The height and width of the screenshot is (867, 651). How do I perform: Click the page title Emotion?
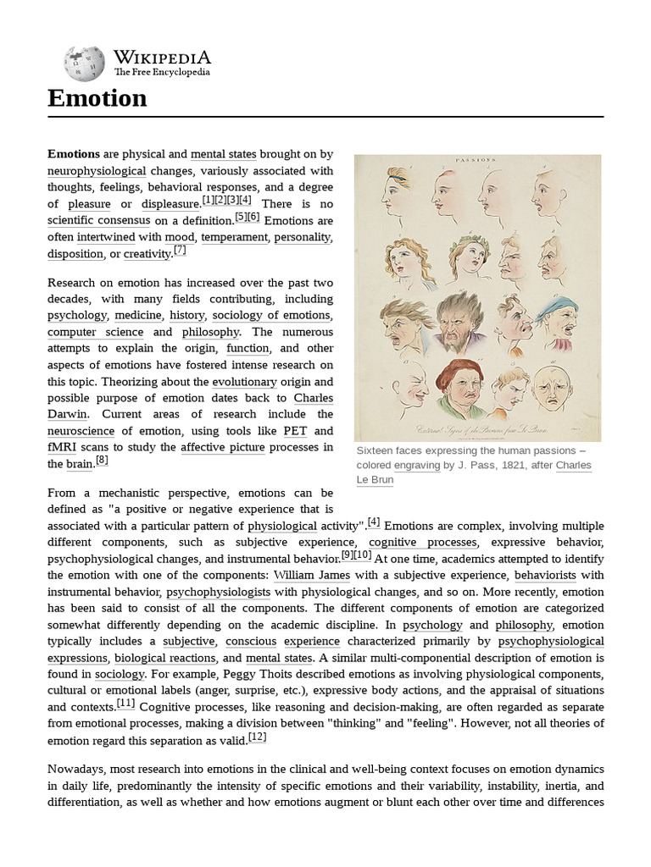tap(97, 99)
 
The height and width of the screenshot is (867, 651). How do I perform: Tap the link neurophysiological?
tap(97, 170)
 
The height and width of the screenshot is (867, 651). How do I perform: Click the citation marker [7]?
tap(180, 251)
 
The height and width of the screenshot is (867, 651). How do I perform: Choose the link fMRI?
tap(62, 447)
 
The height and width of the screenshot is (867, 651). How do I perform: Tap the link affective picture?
tap(223, 447)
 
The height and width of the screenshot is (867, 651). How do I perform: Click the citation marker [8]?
tap(102, 460)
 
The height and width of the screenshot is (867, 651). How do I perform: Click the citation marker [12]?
tap(258, 737)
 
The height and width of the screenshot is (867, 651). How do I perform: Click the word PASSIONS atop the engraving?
tap(477, 159)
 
